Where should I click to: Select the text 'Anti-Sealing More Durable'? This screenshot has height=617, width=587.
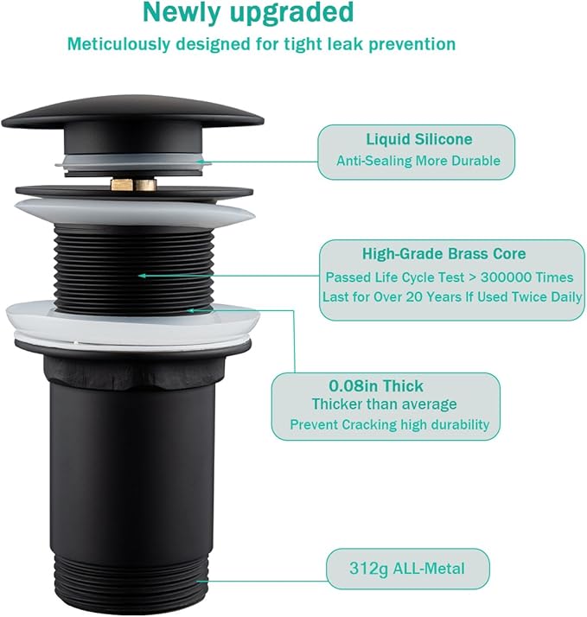click(x=418, y=161)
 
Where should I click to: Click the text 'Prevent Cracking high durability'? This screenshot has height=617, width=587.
click(x=389, y=424)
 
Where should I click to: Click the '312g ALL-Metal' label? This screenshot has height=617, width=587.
click(x=407, y=568)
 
